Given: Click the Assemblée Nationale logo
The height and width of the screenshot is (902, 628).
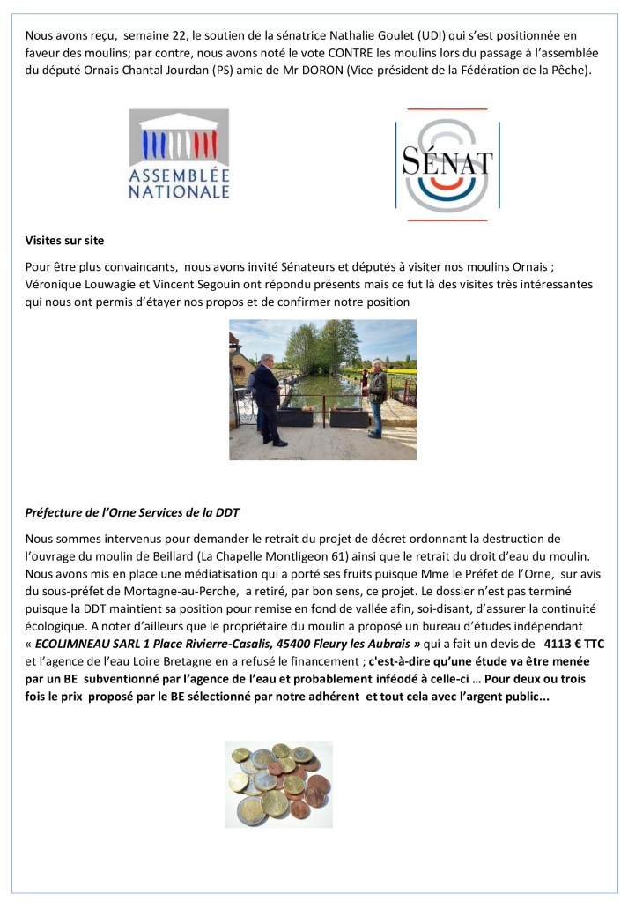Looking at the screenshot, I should coord(179,153).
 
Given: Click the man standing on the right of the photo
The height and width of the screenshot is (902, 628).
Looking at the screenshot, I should coord(376,397).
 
